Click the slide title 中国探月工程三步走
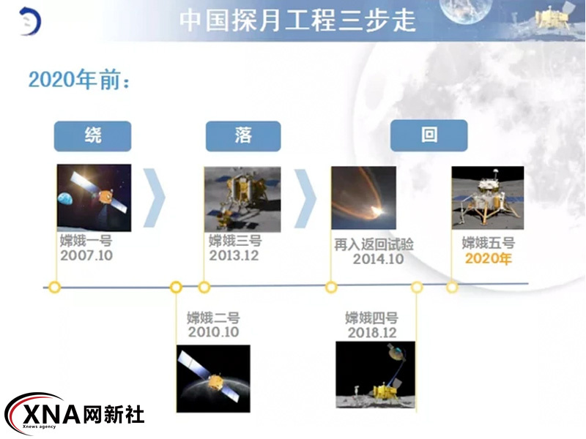coord(297,20)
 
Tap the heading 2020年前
coord(79,80)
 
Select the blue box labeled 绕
coord(93,136)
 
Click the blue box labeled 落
coord(243,136)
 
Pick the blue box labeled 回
coord(429,135)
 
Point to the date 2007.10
coord(86,255)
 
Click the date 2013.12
coord(234,255)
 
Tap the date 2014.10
coord(378,259)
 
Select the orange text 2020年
coord(488,258)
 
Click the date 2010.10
coord(213,332)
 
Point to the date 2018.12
coord(372,333)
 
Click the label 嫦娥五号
coord(489,243)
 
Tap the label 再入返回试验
coord(374,244)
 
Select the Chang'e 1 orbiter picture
coord(94,198)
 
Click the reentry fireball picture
coord(363,198)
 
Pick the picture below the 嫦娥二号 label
coord(213,378)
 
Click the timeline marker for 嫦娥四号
coord(417,288)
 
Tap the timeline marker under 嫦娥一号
coord(54,288)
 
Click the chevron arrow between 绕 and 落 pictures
coord(155,198)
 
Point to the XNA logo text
coord(52,414)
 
